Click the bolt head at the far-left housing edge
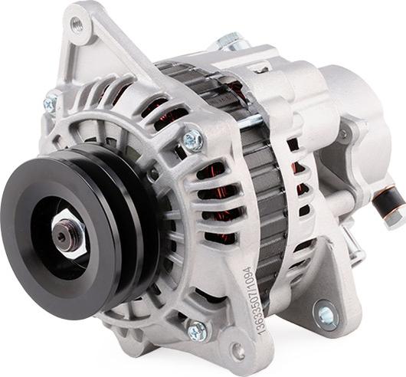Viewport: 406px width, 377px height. coord(51,100)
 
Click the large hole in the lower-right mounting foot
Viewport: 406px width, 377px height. coord(326,314)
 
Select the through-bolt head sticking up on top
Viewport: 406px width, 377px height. coord(228,41)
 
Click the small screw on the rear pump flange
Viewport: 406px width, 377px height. coord(342,134)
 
